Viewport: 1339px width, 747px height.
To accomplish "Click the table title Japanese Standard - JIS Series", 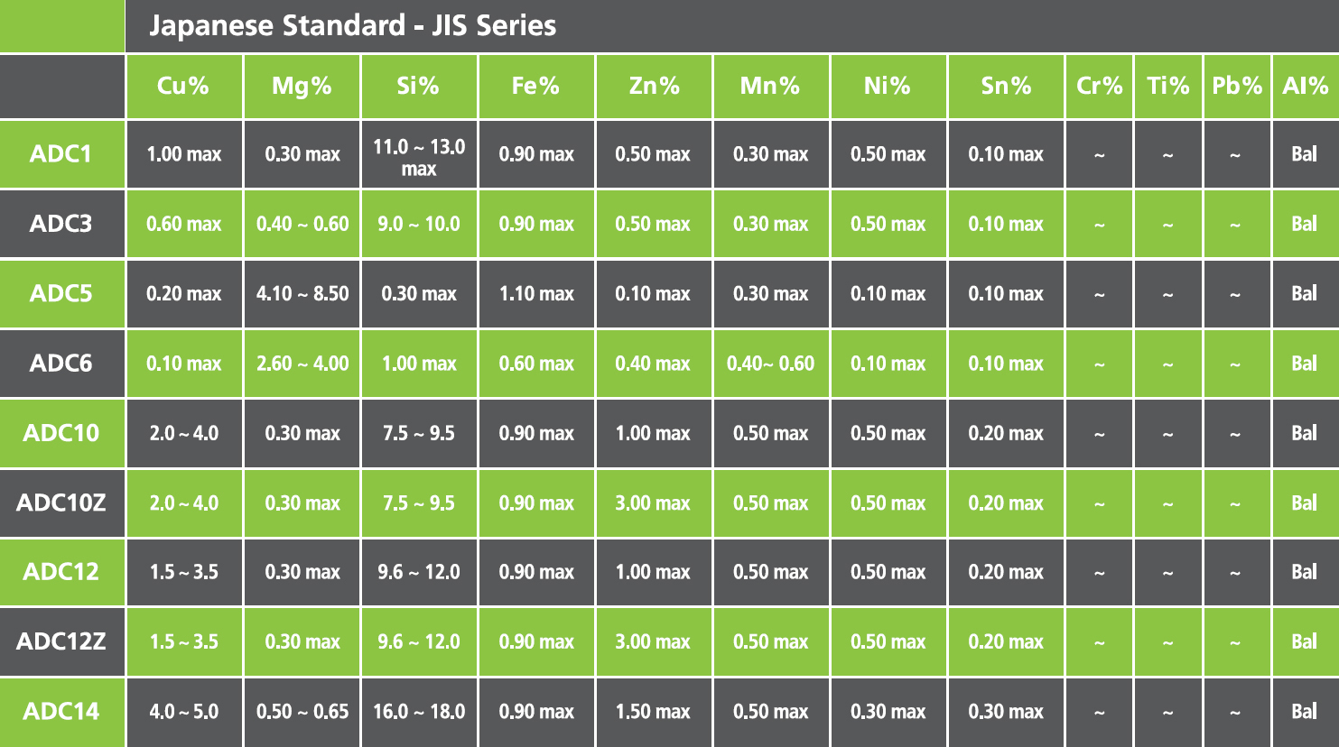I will [x=352, y=25].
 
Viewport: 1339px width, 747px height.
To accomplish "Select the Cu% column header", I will [x=183, y=86].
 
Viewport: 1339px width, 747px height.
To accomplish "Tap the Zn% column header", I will [x=654, y=86].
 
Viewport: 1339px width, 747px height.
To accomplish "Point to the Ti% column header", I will [x=1167, y=86].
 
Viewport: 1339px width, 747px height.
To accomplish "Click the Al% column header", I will [x=1305, y=86].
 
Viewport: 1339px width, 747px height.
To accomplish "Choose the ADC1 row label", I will [x=61, y=153].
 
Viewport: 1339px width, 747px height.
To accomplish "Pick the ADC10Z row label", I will [x=61, y=503].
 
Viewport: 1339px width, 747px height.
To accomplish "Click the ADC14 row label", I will [x=61, y=711].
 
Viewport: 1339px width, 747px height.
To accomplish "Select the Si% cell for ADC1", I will [x=419, y=157].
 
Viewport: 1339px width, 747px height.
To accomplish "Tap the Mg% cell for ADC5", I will [x=302, y=293].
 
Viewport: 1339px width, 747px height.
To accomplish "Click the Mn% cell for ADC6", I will [x=770, y=364].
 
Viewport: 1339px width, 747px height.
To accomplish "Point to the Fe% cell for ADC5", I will [x=536, y=293].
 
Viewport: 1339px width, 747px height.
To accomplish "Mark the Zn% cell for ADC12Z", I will [x=653, y=641].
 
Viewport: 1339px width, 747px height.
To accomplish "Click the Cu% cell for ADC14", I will [x=184, y=711].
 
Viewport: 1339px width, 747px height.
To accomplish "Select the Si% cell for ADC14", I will [x=419, y=711].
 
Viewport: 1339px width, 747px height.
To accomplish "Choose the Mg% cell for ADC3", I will [x=302, y=224].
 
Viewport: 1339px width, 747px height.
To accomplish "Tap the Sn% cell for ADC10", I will [x=1006, y=433].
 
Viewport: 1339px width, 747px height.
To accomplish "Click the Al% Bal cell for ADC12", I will [x=1304, y=572].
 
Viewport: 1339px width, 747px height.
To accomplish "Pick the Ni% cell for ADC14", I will [x=888, y=711].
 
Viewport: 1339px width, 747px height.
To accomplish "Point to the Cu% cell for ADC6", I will [x=184, y=364].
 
